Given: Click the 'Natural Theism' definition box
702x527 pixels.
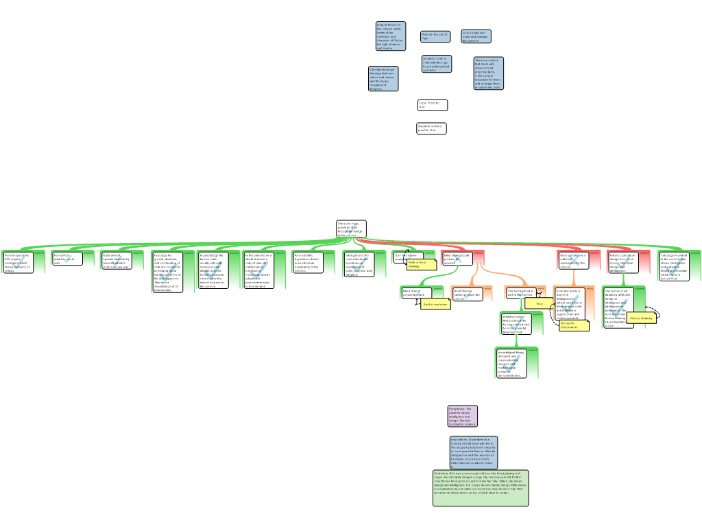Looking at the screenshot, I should tap(390, 36).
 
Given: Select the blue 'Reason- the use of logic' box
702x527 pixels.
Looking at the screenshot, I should tap(435, 36).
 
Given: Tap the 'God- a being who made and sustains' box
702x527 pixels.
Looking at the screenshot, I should tap(476, 36).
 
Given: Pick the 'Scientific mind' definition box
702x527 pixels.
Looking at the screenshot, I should tap(437, 64).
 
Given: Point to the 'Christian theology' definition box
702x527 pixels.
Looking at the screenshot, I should tap(383, 79).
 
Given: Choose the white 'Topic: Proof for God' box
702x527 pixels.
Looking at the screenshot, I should tap(433, 105).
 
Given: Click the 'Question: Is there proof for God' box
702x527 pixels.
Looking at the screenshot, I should tap(431, 128).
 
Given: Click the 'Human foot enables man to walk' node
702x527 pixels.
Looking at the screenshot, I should tap(67, 259).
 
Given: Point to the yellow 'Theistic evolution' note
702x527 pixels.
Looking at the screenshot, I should tap(435, 304).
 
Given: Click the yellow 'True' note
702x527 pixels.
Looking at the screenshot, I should tap(540, 303).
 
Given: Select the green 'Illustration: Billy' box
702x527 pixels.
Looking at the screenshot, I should tap(481, 488).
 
